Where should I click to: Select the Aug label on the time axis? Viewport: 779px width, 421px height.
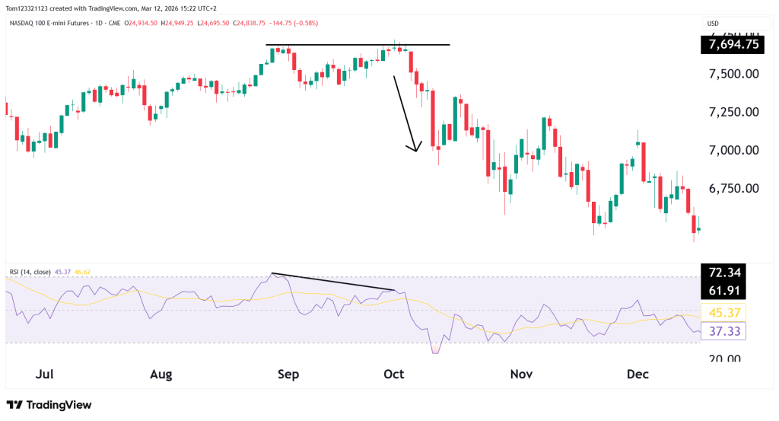click(161, 375)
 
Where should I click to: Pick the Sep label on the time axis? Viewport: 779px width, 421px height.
click(288, 375)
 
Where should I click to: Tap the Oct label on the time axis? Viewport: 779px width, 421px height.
click(393, 375)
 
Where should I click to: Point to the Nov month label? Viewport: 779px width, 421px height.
click(521, 375)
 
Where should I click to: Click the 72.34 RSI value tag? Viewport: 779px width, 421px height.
click(723, 273)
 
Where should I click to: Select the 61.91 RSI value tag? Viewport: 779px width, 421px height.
click(723, 290)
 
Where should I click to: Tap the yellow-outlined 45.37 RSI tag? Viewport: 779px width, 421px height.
click(723, 312)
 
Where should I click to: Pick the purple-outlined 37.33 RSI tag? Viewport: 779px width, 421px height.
click(723, 330)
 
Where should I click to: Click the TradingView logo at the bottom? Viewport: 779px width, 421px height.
click(49, 405)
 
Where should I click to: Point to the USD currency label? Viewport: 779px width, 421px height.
click(714, 24)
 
